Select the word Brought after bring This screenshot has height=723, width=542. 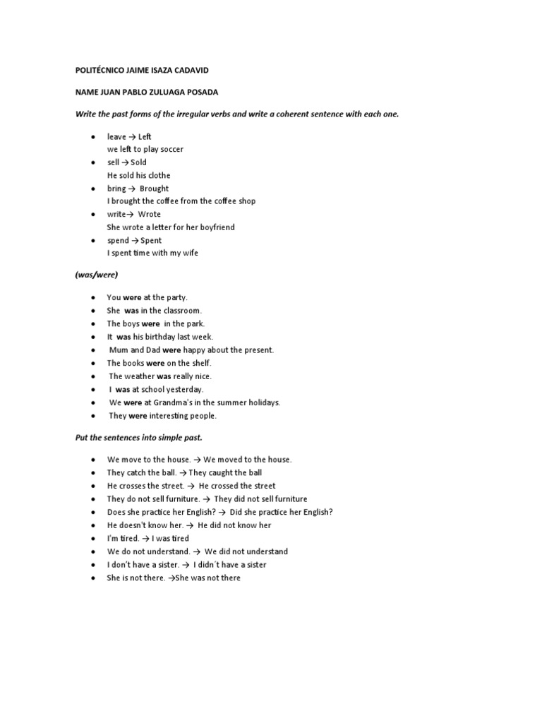click(154, 189)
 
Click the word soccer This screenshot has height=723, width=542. click(170, 150)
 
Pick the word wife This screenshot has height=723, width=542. click(188, 253)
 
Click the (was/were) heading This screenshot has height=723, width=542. click(97, 275)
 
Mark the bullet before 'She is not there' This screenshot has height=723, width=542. click(92, 578)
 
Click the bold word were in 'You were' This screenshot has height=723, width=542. click(132, 298)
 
